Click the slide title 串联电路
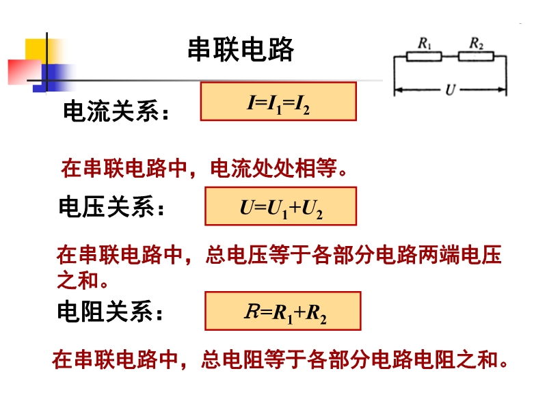[241, 50]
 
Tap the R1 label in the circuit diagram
[424, 42]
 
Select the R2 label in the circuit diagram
[476, 42]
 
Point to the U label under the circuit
[450, 90]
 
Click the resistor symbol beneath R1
[423, 56]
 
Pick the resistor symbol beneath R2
[475, 56]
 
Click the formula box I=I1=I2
[278, 102]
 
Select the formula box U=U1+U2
[280, 206]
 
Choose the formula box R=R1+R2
[282, 311]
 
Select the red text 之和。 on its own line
[82, 279]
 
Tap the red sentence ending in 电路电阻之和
[280, 359]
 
